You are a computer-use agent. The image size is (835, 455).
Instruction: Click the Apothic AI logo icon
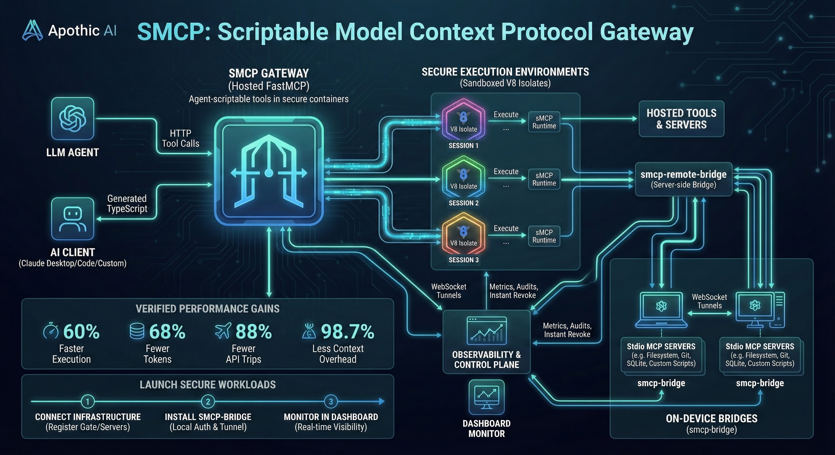pos(32,31)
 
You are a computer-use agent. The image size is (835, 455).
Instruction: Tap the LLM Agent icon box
pos(73,118)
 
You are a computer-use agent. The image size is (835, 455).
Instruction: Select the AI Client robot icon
pos(73,219)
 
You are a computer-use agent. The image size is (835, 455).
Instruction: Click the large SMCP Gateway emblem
pos(269,171)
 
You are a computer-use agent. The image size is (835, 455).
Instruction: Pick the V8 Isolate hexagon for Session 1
pos(463,120)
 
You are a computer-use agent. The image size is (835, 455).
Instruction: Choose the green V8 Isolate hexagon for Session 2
pos(463,177)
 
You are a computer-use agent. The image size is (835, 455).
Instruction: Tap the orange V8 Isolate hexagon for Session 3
pos(463,234)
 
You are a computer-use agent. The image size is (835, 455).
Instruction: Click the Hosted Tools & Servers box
pos(681,119)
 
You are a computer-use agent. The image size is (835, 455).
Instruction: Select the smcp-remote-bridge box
pos(683,180)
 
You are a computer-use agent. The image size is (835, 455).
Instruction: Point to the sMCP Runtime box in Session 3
pos(544,236)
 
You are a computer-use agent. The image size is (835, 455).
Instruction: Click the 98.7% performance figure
pos(348,331)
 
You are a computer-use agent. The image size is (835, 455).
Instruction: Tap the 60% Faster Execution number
pos(81,331)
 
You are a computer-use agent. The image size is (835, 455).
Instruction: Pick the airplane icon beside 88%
pos(223,331)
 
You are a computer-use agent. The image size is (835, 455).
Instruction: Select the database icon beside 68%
pos(137,331)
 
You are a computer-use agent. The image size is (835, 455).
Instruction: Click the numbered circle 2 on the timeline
pos(208,402)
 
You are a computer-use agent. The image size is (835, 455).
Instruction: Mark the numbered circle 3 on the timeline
pos(331,402)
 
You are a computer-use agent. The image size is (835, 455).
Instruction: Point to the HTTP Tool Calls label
pos(181,138)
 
